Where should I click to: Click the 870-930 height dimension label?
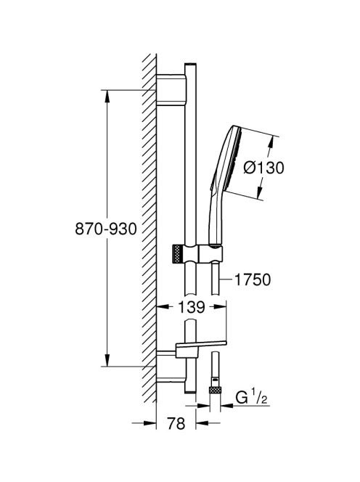click(x=106, y=229)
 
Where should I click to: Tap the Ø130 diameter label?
click(x=263, y=168)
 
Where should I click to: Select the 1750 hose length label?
click(x=253, y=279)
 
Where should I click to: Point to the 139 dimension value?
click(x=191, y=307)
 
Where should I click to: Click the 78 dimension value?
click(x=176, y=423)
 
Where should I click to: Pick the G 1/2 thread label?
click(x=251, y=397)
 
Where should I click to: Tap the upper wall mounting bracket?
click(x=171, y=90)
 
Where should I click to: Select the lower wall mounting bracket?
click(x=171, y=367)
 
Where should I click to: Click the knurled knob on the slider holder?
click(x=178, y=254)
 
